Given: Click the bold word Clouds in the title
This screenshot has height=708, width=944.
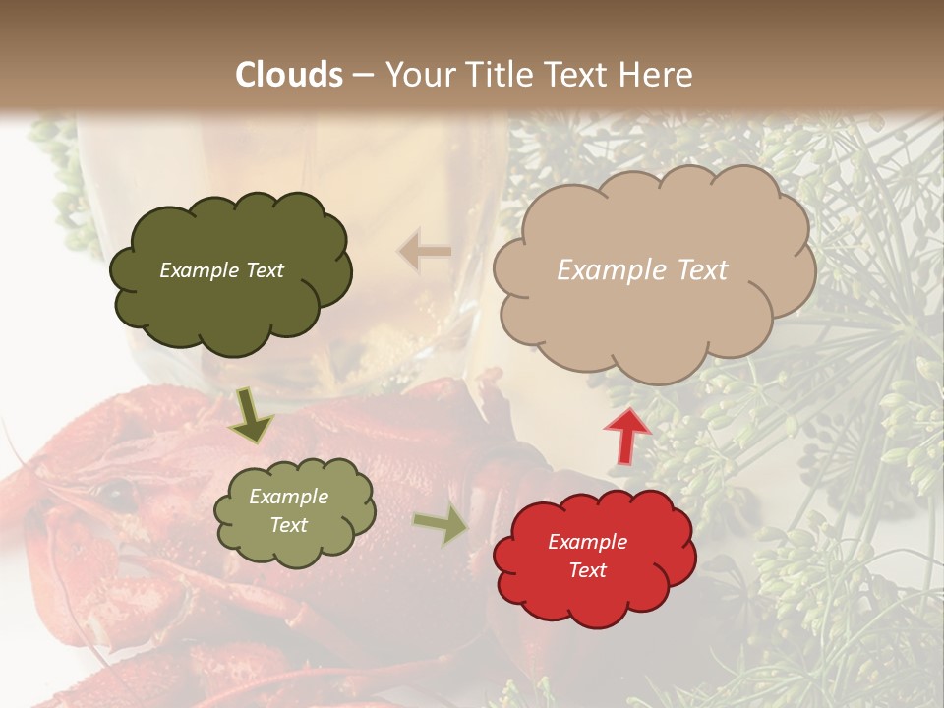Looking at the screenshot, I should click(x=289, y=75).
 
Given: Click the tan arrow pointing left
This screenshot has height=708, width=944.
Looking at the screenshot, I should click(x=425, y=252).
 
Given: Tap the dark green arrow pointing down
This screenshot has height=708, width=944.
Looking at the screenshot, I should click(x=251, y=417).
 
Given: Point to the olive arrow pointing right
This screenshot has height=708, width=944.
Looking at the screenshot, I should click(x=440, y=526).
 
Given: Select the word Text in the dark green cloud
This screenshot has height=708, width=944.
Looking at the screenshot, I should click(x=265, y=270).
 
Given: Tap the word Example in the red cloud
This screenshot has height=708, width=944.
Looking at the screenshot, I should click(x=587, y=542).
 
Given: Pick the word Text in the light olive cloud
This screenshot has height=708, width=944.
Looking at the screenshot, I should click(x=289, y=525).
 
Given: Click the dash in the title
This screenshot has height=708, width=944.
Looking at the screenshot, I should click(x=362, y=75).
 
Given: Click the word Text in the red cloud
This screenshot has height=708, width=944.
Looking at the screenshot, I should click(x=587, y=570).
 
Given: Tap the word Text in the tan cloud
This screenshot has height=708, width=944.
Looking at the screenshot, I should click(x=702, y=270).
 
